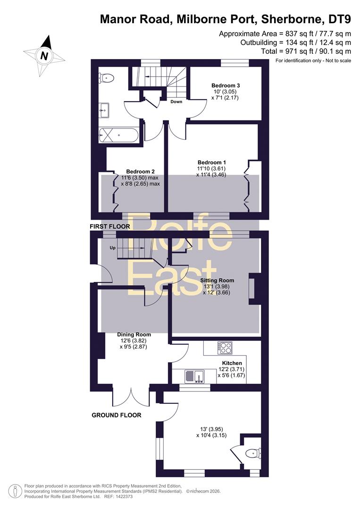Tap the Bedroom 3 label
(226, 85)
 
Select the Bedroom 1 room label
(212, 162)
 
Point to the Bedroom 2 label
(140, 171)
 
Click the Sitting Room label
(217, 280)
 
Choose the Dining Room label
(134, 334)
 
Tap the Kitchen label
(232, 363)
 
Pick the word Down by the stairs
(176, 102)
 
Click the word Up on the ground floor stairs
(112, 248)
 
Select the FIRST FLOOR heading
(110, 226)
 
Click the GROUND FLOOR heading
(117, 415)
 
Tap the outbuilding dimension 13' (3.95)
(211, 429)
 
